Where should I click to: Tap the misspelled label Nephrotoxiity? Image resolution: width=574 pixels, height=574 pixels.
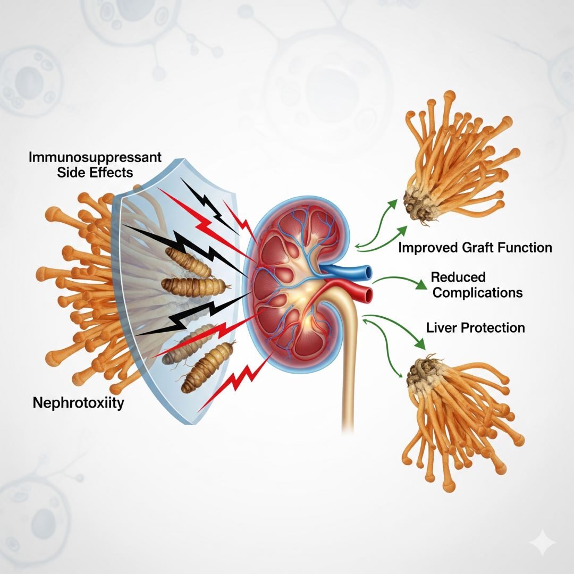tap(78, 403)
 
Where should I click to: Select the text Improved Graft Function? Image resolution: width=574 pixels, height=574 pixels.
tap(475, 247)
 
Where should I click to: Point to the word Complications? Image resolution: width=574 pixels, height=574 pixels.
tap(477, 292)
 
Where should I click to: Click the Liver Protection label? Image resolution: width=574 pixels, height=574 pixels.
tap(476, 327)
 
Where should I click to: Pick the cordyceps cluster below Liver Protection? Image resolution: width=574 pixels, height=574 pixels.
tap(457, 409)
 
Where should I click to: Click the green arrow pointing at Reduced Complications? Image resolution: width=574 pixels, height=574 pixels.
tap(399, 280)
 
